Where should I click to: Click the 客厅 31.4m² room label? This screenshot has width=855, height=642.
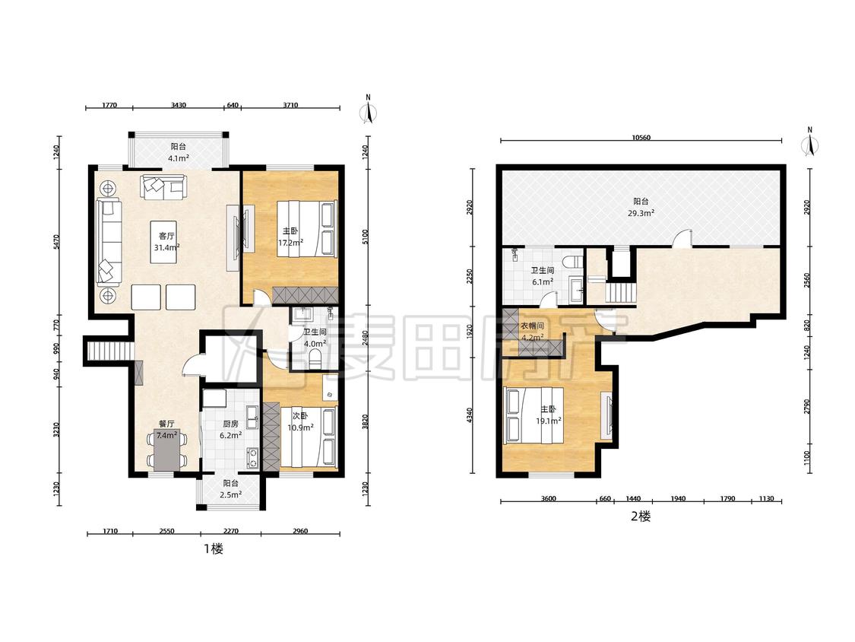click(x=167, y=241)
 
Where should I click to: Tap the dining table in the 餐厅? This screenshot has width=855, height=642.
click(x=167, y=451)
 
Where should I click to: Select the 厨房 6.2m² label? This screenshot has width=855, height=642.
click(x=230, y=429)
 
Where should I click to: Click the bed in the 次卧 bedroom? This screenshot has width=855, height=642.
click(x=308, y=437)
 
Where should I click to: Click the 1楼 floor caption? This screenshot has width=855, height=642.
click(x=214, y=548)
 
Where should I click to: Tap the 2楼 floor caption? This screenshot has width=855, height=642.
click(x=641, y=516)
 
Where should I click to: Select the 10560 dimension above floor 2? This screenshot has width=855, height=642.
click(x=641, y=138)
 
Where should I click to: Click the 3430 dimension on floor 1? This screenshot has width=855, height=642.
click(x=179, y=105)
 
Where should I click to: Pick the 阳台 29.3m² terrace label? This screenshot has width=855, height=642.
click(x=641, y=207)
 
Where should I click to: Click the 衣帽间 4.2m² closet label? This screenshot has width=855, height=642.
click(x=532, y=332)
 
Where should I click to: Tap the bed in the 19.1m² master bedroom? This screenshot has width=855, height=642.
click(x=534, y=415)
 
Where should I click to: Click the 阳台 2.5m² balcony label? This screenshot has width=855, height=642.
click(x=230, y=489)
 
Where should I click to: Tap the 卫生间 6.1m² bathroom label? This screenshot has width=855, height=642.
click(x=543, y=276)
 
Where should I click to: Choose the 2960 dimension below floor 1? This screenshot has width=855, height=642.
click(x=300, y=531)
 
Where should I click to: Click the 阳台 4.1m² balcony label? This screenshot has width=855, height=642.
click(x=179, y=152)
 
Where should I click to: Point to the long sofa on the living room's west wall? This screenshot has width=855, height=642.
click(x=109, y=242)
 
